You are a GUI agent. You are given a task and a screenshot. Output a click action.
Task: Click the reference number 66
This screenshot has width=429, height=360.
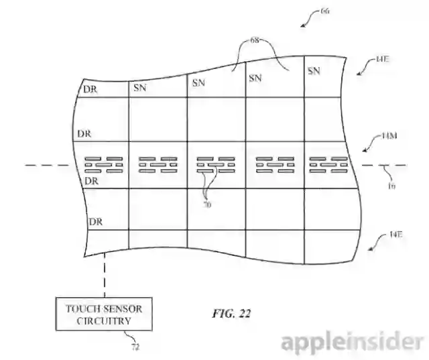point(325,11)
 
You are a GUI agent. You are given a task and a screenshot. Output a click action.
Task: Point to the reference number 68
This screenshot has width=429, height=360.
point(255,40)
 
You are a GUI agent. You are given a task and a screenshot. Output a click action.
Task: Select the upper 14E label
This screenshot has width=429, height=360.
point(383,60)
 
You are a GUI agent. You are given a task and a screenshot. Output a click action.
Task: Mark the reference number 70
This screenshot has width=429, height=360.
point(207,206)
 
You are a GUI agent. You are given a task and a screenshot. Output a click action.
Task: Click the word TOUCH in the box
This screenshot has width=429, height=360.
point(82,308)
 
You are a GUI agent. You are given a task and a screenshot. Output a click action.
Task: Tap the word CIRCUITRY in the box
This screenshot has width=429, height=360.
point(104,321)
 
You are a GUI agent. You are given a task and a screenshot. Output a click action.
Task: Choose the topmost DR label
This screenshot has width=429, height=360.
point(90,89)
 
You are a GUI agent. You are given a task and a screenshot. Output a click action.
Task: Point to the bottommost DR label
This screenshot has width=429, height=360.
point(97,221)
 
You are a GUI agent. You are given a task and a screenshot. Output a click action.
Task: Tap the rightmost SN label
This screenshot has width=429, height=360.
point(314,70)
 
